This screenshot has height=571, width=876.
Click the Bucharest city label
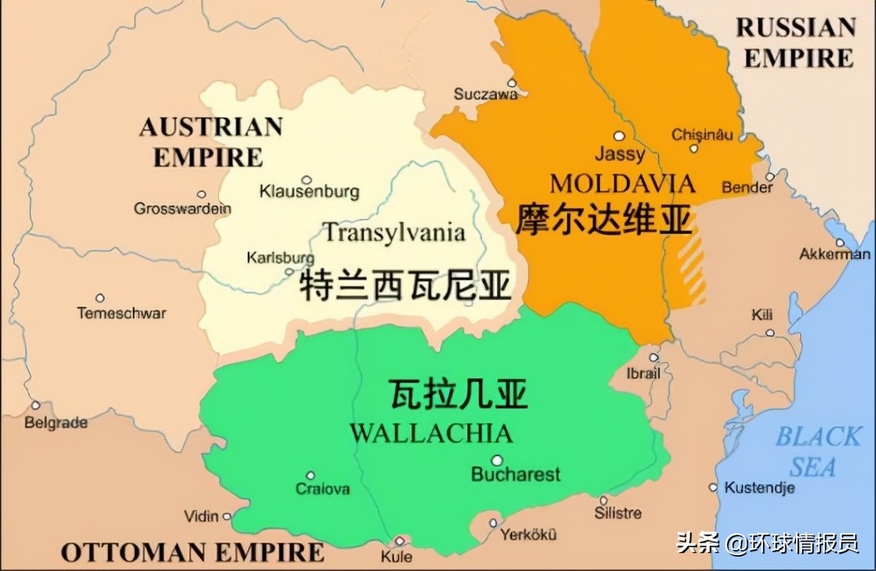pyautogui.click(x=516, y=474)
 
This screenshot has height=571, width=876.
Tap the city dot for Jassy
pyautogui.click(x=619, y=136)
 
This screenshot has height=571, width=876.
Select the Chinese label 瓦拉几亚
pyautogui.click(x=458, y=394)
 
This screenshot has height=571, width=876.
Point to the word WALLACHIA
pyautogui.click(x=431, y=434)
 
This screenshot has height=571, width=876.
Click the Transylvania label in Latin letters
pyautogui.click(x=393, y=231)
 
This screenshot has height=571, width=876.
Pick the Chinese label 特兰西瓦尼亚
pyautogui.click(x=406, y=285)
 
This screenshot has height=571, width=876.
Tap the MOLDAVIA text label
pyautogui.click(x=622, y=184)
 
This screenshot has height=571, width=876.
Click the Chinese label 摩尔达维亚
pyautogui.click(x=604, y=220)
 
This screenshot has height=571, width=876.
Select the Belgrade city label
pyautogui.click(x=56, y=423)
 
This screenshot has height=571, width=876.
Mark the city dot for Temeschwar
pyautogui.click(x=100, y=298)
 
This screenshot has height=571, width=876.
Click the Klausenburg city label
pyautogui.click(x=309, y=192)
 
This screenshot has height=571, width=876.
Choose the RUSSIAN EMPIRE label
pyautogui.click(x=797, y=43)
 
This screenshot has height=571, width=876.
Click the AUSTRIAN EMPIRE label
pyautogui.click(x=210, y=141)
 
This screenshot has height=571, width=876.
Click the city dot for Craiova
pyautogui.click(x=310, y=475)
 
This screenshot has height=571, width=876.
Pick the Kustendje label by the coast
pyautogui.click(x=760, y=488)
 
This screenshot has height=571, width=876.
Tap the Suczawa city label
pyautogui.click(x=486, y=94)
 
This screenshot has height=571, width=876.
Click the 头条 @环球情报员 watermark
pyautogui.click(x=767, y=542)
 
